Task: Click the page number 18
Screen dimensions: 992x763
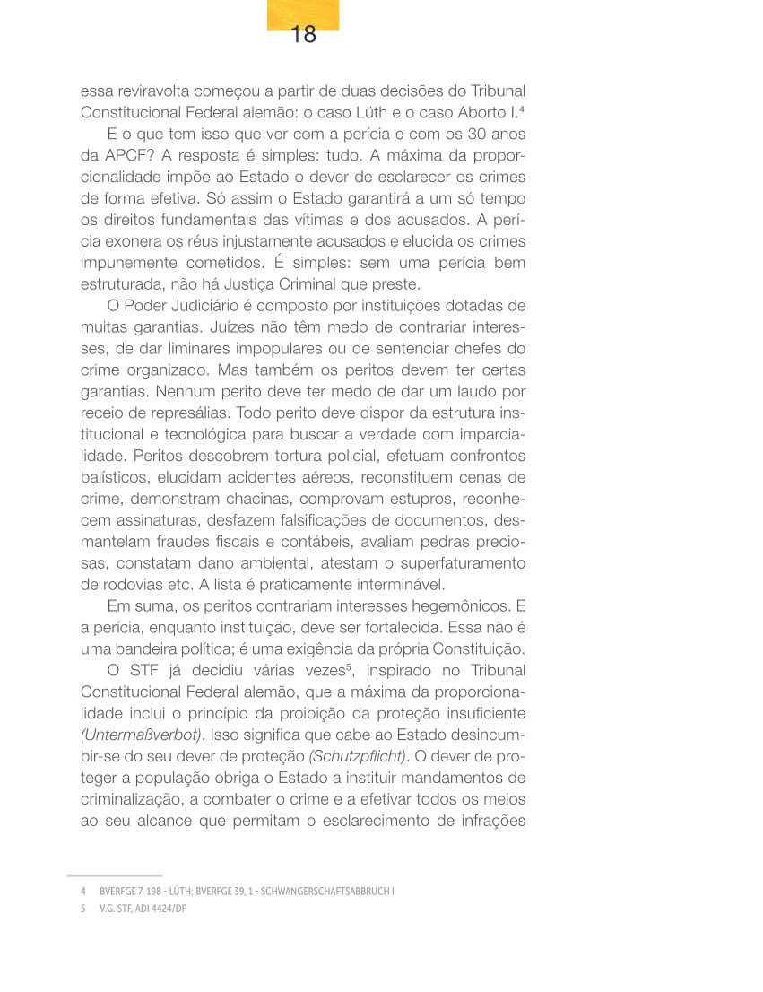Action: (x=304, y=35)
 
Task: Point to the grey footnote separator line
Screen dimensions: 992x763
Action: (x=115, y=875)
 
